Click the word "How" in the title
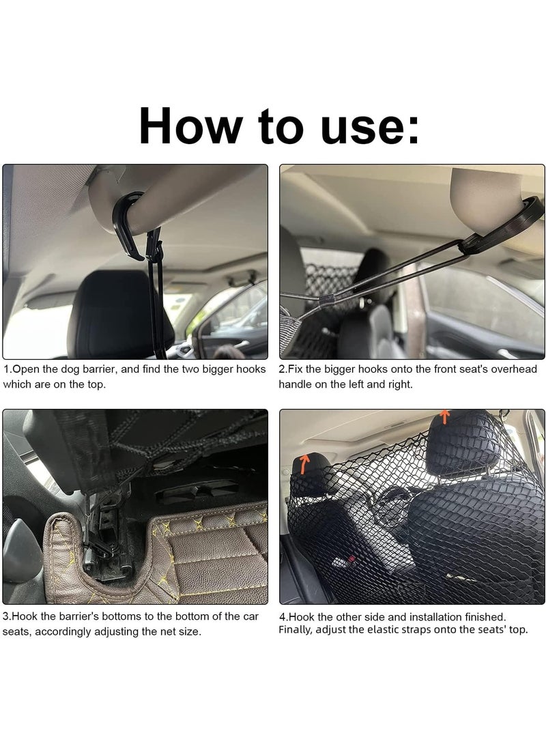click(x=190, y=126)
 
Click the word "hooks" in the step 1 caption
click(x=250, y=369)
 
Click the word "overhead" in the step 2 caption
click(x=514, y=369)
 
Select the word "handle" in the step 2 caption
click(x=295, y=384)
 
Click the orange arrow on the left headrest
click(x=304, y=463)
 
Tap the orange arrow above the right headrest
click(x=444, y=416)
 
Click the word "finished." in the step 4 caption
click(x=485, y=617)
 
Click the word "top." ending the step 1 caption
click(x=96, y=384)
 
